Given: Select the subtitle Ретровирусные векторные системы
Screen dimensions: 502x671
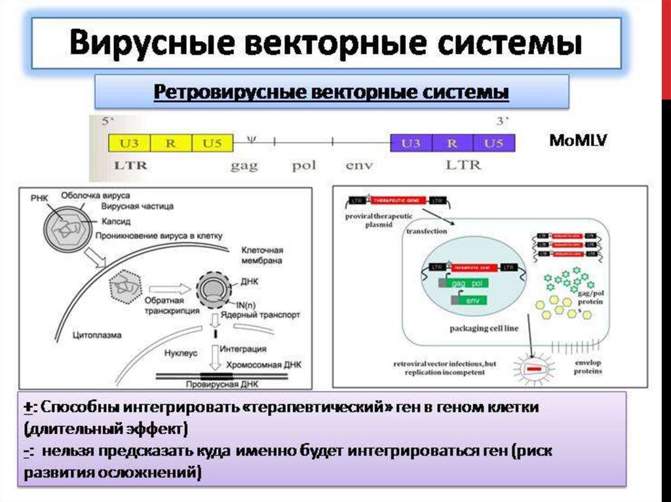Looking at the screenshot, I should pos(331,92).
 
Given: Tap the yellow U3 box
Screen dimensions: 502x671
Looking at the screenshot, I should pos(128,143).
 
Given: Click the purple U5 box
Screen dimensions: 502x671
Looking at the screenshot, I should pos(494,143).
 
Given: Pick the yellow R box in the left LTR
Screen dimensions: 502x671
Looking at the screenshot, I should pos(170,143).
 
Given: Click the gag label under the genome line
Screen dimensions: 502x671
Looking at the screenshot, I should pos(244,165).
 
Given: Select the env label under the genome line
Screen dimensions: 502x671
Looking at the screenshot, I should pos(358,165).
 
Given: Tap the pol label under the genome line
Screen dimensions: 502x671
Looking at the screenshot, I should pos(304,165).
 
